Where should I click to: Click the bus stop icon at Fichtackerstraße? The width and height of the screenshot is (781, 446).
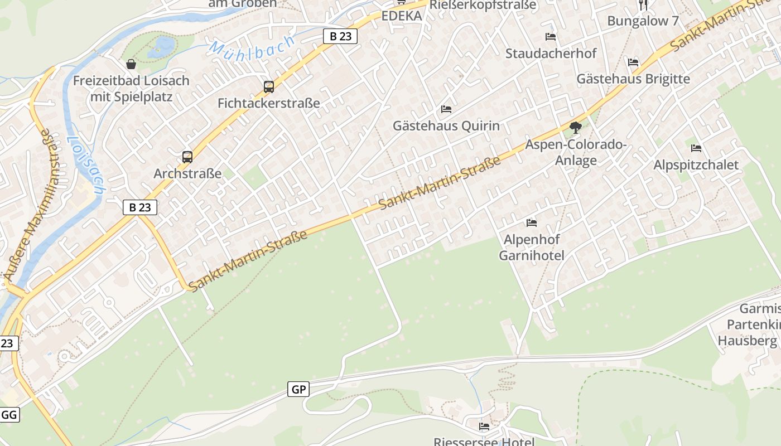pyautogui.click(x=269, y=87)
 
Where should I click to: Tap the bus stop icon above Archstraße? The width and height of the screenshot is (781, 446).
pyautogui.click(x=187, y=157)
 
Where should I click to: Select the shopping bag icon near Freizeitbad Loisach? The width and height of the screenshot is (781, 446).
pyautogui.click(x=131, y=64)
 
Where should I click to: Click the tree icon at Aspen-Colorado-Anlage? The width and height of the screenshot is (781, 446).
pyautogui.click(x=575, y=128)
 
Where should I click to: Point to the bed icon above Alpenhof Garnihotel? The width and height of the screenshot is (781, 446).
pyautogui.click(x=532, y=223)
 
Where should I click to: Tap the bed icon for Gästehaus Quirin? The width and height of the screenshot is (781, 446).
pyautogui.click(x=446, y=109)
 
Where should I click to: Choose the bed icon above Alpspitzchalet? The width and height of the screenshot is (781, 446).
pyautogui.click(x=696, y=148)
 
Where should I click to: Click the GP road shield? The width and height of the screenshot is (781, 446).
pyautogui.click(x=298, y=389)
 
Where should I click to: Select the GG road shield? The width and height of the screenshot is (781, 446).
pyautogui.click(x=9, y=415)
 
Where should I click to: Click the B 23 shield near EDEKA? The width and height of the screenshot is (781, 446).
pyautogui.click(x=340, y=36)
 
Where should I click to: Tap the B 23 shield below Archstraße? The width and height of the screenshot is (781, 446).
pyautogui.click(x=140, y=207)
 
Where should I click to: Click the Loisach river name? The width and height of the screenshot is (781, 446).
pyautogui.click(x=86, y=166)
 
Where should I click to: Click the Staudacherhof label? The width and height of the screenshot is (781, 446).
pyautogui.click(x=551, y=54)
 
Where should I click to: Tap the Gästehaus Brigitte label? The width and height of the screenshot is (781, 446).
pyautogui.click(x=633, y=79)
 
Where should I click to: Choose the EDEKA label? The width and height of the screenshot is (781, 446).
pyautogui.click(x=402, y=16)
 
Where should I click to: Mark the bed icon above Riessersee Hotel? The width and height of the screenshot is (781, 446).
pyautogui.click(x=484, y=426)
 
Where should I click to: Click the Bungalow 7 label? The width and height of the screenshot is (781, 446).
pyautogui.click(x=643, y=21)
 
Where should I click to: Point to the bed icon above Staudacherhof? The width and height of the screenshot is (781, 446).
pyautogui.click(x=551, y=37)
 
